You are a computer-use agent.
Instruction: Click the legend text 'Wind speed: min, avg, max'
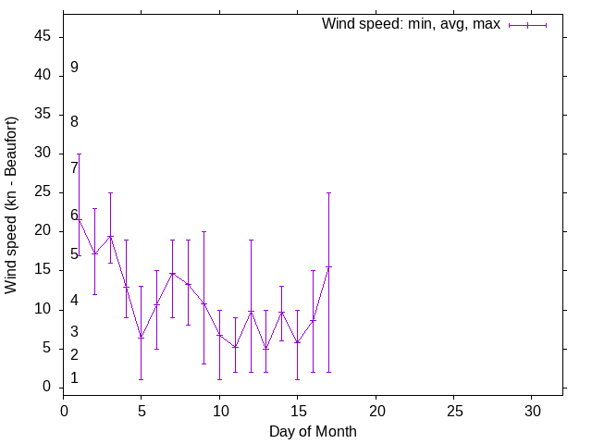pyautogui.click(x=410, y=25)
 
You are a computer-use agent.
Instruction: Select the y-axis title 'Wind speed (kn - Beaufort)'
pyautogui.click(x=11, y=205)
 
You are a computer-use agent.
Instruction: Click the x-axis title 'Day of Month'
pyautogui.click(x=313, y=431)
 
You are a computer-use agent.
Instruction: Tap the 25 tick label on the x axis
pyautogui.click(x=453, y=409)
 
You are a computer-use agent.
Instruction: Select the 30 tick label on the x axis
pyautogui.click(x=532, y=409)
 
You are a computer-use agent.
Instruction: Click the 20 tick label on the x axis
pyautogui.click(x=376, y=409)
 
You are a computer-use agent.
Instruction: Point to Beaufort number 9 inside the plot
pyautogui.click(x=74, y=68)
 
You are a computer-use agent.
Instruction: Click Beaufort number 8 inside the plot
pyautogui.click(x=74, y=121)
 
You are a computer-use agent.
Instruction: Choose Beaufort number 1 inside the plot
pyautogui.click(x=74, y=378)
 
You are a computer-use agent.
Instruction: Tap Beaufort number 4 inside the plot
pyautogui.click(x=74, y=302)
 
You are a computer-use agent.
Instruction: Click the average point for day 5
pyautogui.click(x=142, y=337)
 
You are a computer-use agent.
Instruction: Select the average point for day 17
pyautogui.click(x=328, y=266)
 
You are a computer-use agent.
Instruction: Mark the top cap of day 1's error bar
pyautogui.click(x=79, y=154)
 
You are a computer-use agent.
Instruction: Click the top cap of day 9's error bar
pyautogui.click(x=203, y=231)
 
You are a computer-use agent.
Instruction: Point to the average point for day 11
pyautogui.click(x=235, y=347)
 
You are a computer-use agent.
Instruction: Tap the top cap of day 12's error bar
pyautogui.click(x=251, y=240)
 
